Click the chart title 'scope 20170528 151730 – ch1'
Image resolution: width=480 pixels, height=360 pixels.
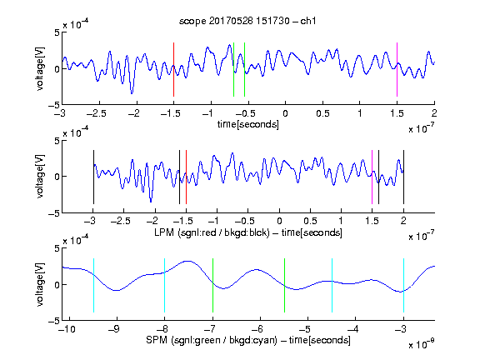[x=247, y=21]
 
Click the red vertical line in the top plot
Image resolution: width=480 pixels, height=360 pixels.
[x=173, y=69]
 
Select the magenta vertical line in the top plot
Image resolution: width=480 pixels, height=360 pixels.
[x=397, y=69]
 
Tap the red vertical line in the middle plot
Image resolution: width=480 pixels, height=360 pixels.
[x=186, y=177]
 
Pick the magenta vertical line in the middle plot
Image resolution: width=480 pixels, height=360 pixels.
[x=372, y=177]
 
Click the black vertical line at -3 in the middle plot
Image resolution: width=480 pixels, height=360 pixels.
[x=93, y=177]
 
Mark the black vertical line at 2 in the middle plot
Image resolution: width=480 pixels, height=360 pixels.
[x=403, y=177]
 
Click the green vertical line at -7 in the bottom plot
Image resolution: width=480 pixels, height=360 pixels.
[x=212, y=285]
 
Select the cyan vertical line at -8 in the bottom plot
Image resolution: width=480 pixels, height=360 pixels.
[x=164, y=285]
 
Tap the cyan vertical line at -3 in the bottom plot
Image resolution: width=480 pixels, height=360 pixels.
[x=403, y=285]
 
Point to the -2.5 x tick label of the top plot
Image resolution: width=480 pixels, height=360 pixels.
[x=96, y=113]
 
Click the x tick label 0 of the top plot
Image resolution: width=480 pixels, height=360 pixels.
[x=285, y=113]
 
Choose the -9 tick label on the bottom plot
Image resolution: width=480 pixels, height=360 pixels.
[x=114, y=329]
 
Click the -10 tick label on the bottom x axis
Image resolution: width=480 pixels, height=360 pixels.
[x=67, y=329]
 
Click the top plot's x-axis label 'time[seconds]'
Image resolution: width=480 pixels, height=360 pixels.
[x=248, y=124]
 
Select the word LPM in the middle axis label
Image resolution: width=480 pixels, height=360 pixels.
[x=164, y=232]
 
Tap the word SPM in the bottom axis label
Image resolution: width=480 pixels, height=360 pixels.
[x=157, y=340]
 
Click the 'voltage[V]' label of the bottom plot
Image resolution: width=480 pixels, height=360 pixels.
[x=40, y=284]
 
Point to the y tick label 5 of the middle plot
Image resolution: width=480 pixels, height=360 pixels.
[x=57, y=141]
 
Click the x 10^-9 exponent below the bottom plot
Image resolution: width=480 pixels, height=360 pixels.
[x=422, y=344]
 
